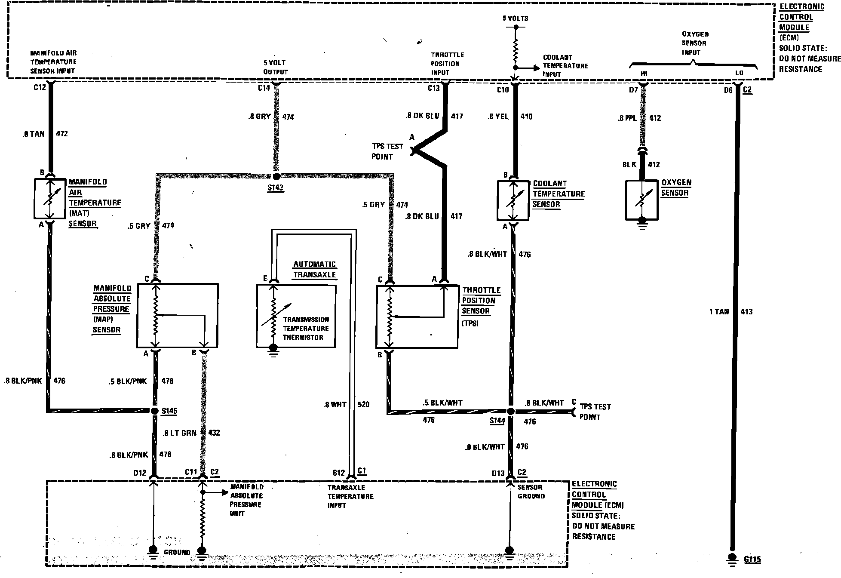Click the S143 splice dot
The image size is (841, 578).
point(276,176)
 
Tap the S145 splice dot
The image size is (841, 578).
point(155,411)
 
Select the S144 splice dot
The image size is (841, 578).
point(510,412)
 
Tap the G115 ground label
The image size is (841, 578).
point(752,560)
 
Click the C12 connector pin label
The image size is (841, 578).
point(40,87)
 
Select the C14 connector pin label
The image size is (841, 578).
point(264,88)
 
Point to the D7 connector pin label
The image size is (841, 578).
point(633,90)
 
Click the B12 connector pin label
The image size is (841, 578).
point(339,473)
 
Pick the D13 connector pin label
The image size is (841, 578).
point(498,473)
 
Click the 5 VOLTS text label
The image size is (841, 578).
point(515,18)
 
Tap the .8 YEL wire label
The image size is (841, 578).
point(498,117)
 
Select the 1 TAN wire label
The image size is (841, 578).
point(719,311)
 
